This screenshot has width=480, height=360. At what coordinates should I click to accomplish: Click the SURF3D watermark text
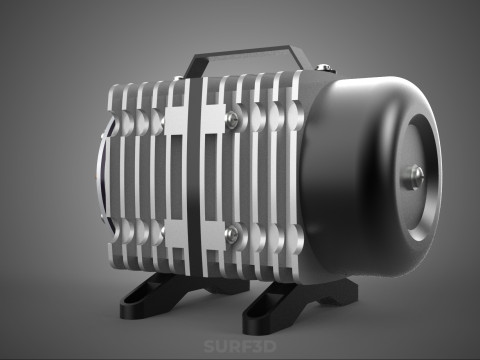point(239,346)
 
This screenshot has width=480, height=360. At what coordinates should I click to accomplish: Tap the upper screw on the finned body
point(233,120)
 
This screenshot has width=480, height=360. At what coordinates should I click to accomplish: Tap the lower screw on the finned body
point(233,235)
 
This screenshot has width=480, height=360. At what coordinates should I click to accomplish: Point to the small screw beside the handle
point(323,68)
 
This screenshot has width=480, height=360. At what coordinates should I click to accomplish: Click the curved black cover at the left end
point(101,180)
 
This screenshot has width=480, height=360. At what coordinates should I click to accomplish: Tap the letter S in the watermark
point(209,346)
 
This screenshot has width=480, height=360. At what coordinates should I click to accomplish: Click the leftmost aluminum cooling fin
point(113,180)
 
